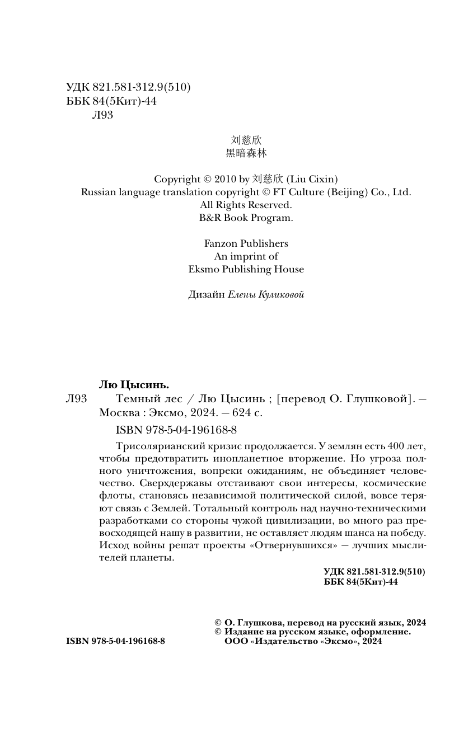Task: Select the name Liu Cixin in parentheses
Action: (x=312, y=180)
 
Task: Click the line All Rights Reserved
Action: (x=246, y=205)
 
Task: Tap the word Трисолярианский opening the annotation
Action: (x=158, y=446)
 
